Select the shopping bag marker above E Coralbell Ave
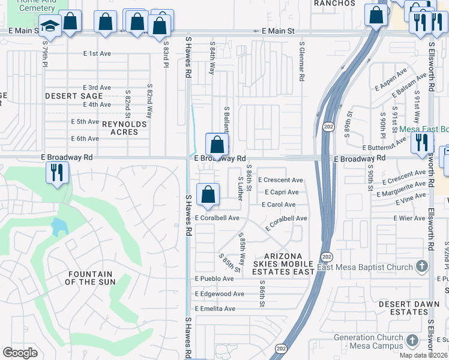coord(208,194)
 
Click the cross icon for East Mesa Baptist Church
coord(422,266)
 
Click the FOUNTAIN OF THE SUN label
coord(88,278)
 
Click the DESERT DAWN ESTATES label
coord(403,308)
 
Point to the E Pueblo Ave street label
coord(214,279)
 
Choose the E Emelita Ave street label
coord(215,308)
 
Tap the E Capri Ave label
coord(282,193)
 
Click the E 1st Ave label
coord(97,53)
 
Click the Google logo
coord(20,353)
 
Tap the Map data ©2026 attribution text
coord(424,355)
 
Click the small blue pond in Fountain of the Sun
coord(59,227)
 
